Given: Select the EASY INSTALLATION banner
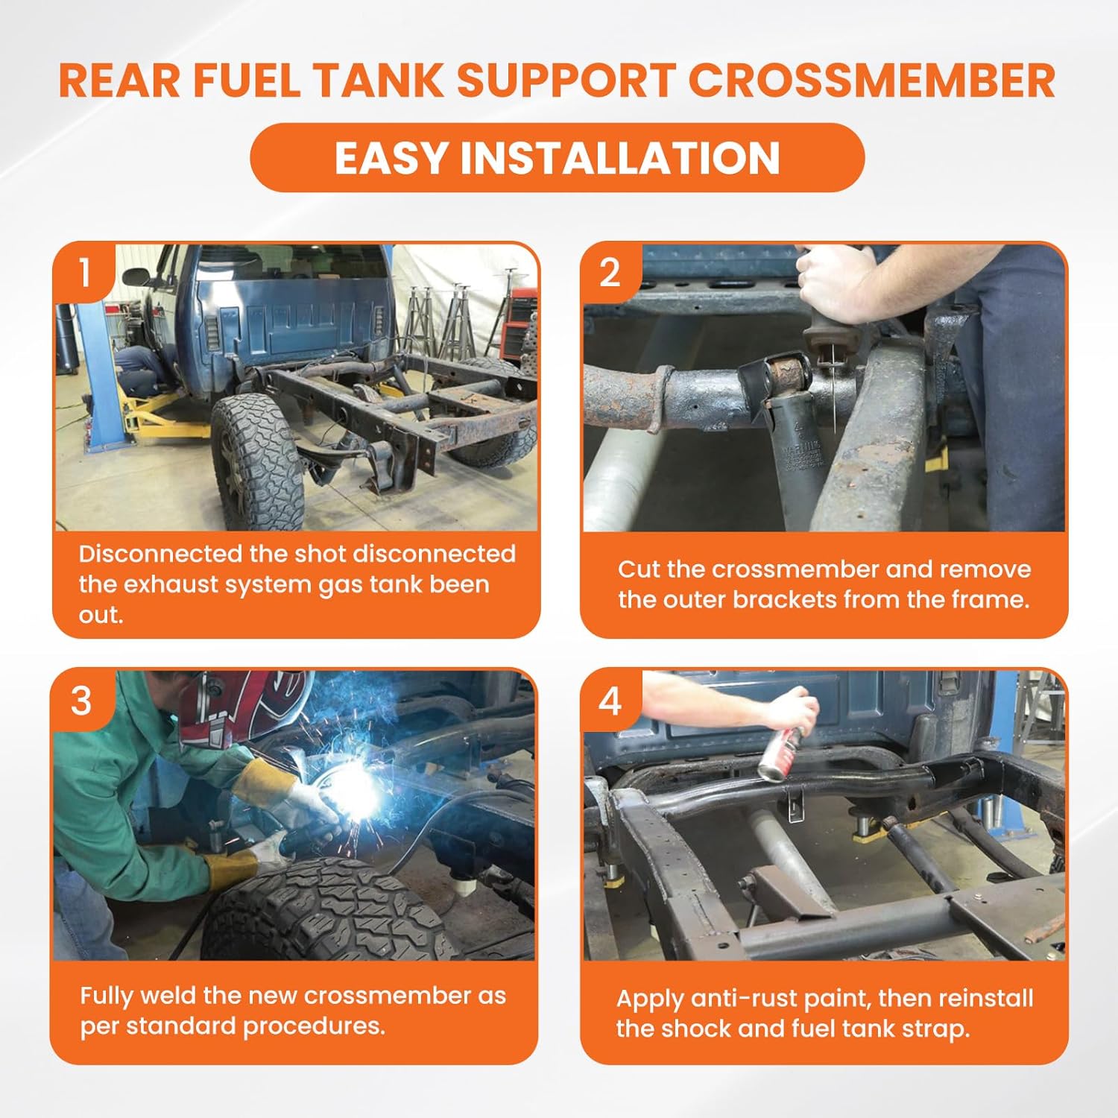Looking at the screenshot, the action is pos(557,158).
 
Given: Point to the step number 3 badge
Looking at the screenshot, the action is pos(81,701).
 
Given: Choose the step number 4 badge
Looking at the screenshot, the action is pos(610,701).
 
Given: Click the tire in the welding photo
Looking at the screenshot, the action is pos(328,909).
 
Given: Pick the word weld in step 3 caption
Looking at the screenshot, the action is pos(165,996).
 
